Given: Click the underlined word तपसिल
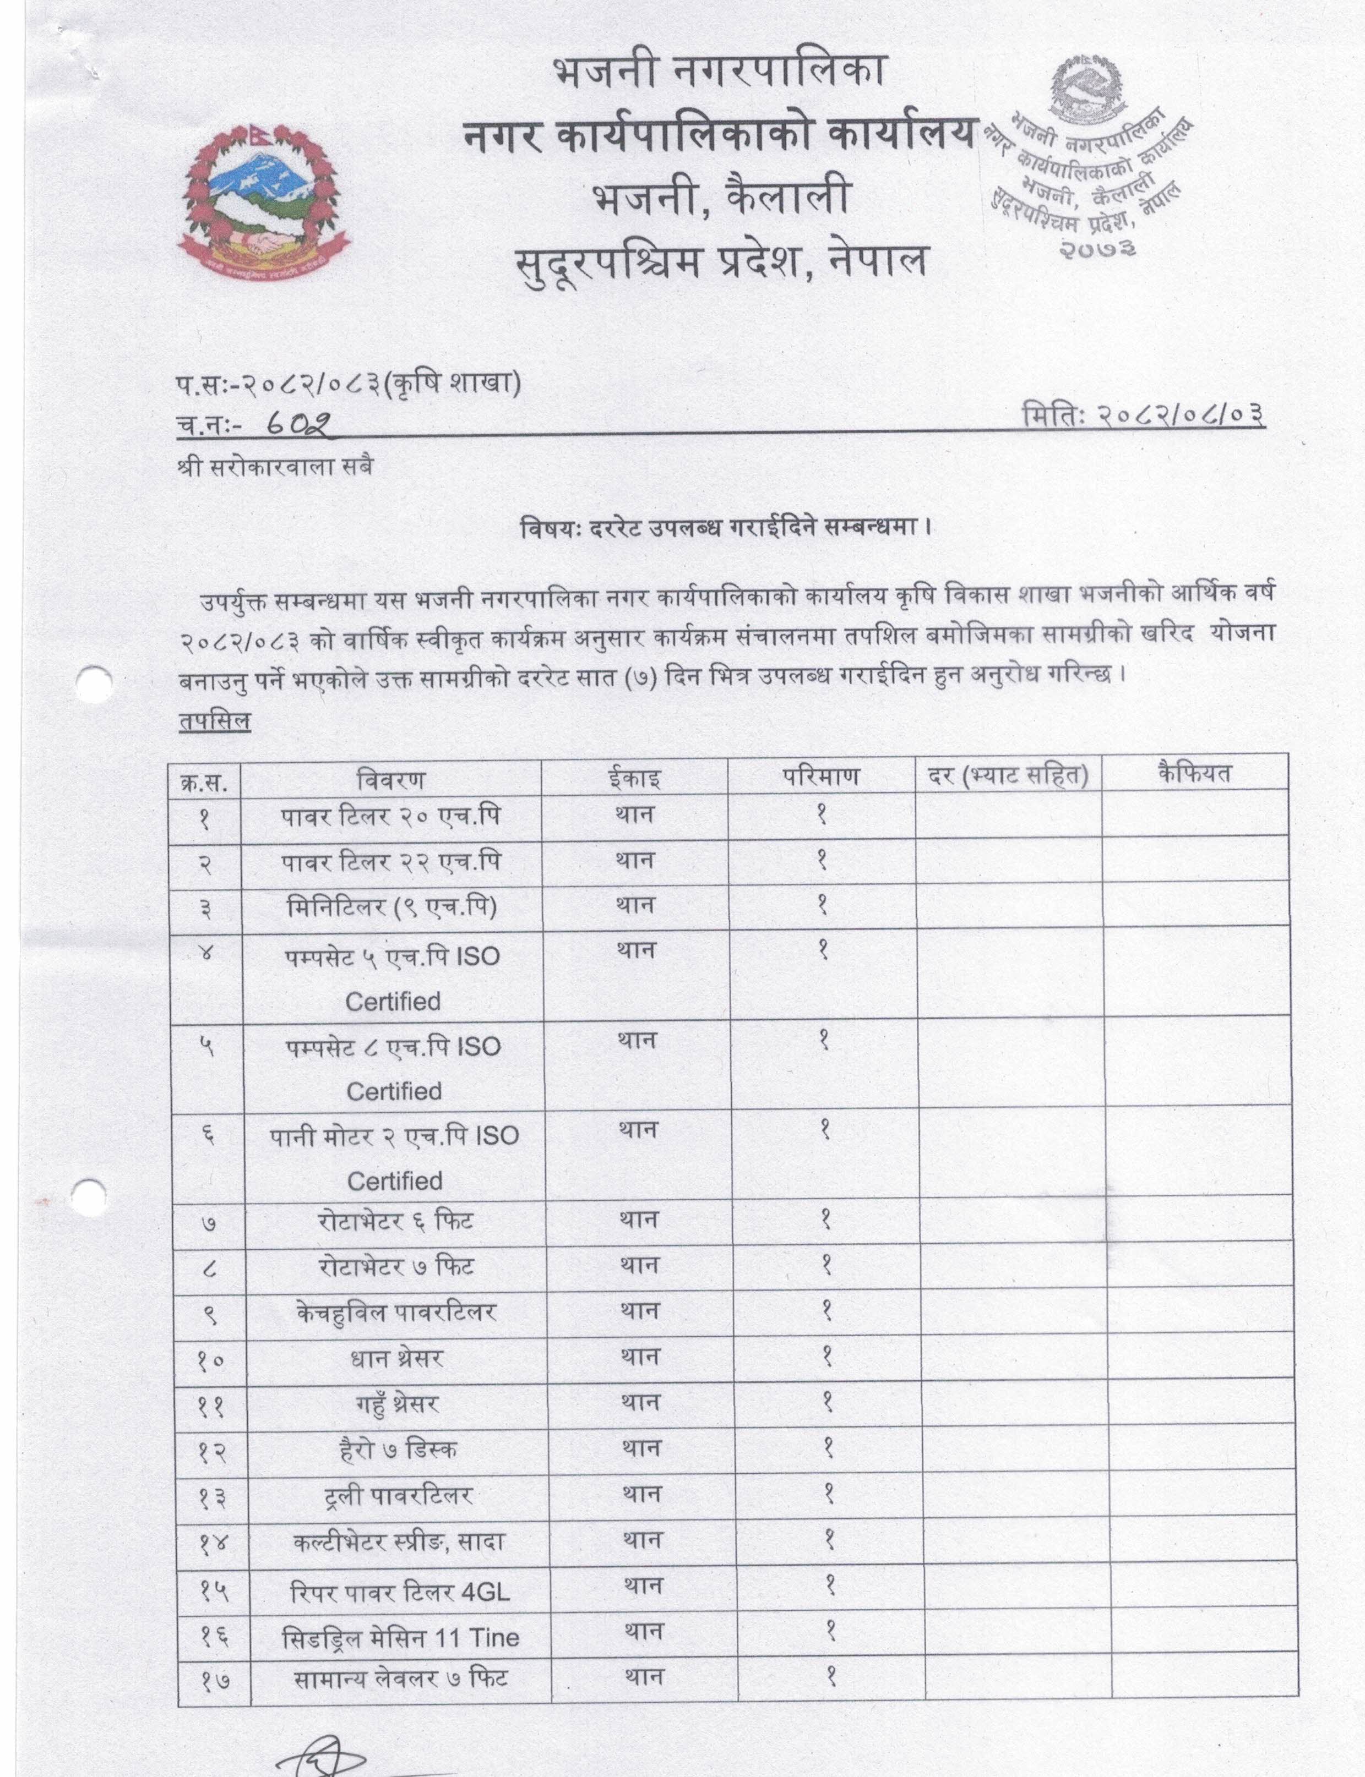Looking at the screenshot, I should coord(215,721).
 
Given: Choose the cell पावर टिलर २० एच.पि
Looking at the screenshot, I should coord(391,817).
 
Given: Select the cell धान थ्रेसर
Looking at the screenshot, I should coord(398,1357).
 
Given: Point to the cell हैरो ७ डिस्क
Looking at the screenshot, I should coord(398,1449).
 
